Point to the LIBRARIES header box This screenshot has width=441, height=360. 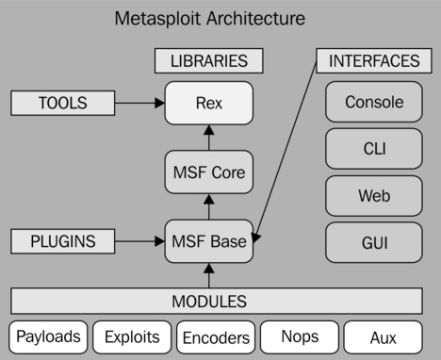pyautogui.click(x=208, y=61)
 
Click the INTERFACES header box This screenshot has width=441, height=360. pyautogui.click(x=374, y=61)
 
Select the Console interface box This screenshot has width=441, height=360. pyautogui.click(x=374, y=103)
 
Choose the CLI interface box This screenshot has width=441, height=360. pyautogui.click(x=374, y=149)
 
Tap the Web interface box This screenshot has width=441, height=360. pyautogui.click(x=374, y=196)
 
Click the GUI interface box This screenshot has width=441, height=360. pyautogui.click(x=374, y=243)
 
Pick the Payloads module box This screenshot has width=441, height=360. pyautogui.click(x=48, y=336)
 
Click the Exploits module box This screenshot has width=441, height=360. pyautogui.click(x=132, y=336)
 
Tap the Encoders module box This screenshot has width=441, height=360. pyautogui.click(x=215, y=336)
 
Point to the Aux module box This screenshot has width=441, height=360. pyautogui.click(x=382, y=336)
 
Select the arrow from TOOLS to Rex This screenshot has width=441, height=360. pyautogui.click(x=138, y=103)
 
